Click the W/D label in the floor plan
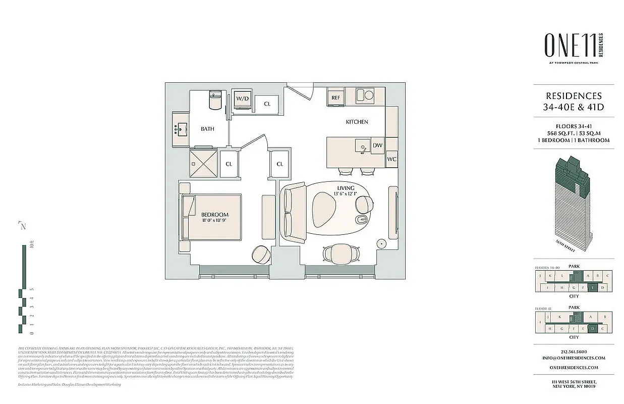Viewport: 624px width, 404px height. (242, 98)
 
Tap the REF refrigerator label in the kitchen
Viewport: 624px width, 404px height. (335, 97)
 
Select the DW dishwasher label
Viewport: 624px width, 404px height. (377, 145)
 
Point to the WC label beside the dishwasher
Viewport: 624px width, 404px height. (391, 159)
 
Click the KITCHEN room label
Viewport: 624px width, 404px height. (356, 122)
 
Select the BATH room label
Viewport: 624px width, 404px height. (207, 129)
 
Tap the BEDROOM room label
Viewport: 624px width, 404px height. (215, 215)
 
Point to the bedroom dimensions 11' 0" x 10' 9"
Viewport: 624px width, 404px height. (215, 221)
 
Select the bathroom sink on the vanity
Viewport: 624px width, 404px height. (180, 129)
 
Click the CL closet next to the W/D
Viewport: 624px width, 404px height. (267, 104)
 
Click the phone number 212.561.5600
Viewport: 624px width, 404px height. (574, 351)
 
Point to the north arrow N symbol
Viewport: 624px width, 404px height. (22, 226)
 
